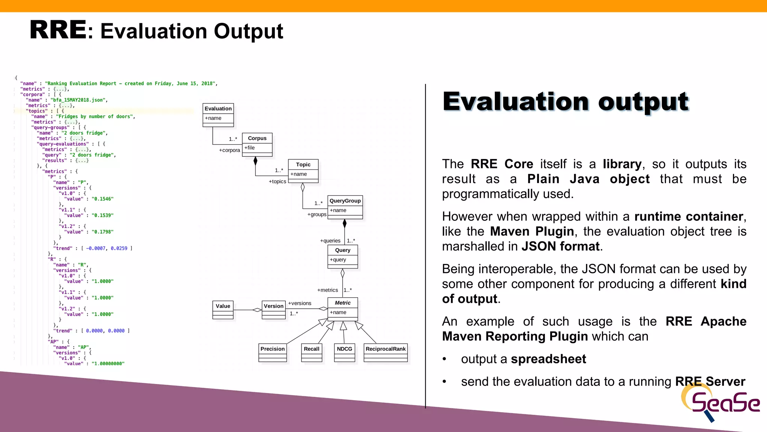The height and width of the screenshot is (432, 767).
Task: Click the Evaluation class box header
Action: (x=218, y=109)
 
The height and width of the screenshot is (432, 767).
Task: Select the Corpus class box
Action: (x=257, y=144)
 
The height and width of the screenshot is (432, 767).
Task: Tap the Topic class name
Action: (x=303, y=165)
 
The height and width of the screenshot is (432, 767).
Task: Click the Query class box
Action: (x=343, y=256)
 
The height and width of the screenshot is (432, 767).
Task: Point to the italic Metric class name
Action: (x=343, y=303)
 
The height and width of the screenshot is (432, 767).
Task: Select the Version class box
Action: (x=273, y=309)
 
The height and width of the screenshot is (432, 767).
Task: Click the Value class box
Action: (x=223, y=309)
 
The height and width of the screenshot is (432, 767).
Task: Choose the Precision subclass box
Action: (x=273, y=352)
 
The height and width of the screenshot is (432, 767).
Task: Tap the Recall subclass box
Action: (x=312, y=352)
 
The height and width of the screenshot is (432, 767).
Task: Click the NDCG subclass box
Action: (x=344, y=352)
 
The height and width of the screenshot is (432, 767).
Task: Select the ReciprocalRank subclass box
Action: (x=385, y=352)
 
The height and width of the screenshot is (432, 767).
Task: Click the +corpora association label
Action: (x=229, y=150)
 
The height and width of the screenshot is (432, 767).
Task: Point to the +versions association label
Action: (x=300, y=303)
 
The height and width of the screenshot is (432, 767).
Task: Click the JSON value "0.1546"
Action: (x=102, y=199)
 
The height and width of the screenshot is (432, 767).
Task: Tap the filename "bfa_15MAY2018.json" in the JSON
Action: (x=79, y=100)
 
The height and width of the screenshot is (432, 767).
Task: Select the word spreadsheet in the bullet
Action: (x=548, y=359)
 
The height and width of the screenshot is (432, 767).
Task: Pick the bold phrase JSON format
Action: (x=560, y=246)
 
